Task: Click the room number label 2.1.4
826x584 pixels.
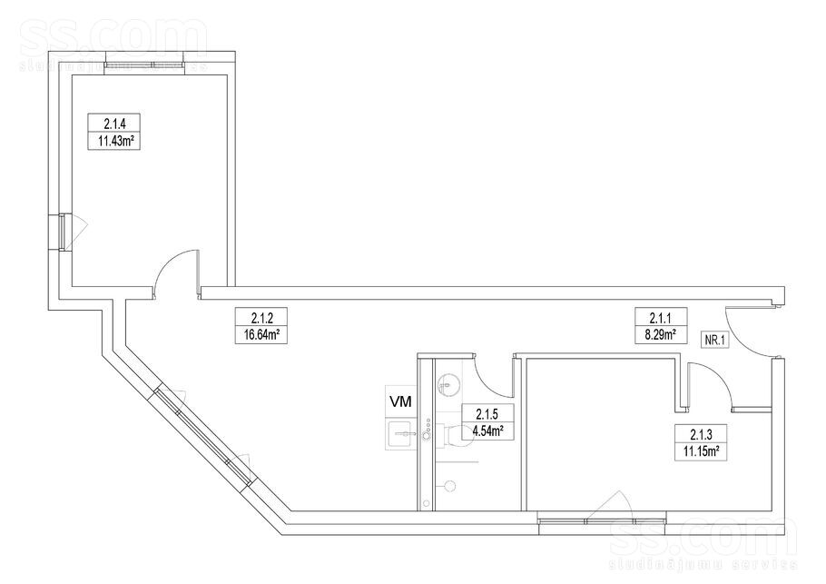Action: point(113,124)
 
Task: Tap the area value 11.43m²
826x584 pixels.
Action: point(113,141)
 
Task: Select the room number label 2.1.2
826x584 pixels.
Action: point(261,318)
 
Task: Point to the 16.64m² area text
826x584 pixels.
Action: point(261,334)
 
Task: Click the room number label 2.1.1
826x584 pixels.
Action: point(661,317)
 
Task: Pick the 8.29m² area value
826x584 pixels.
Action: point(661,333)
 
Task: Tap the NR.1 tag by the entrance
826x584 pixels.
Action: point(715,341)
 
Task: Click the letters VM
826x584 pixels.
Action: point(399,401)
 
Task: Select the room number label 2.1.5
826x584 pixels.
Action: point(487,413)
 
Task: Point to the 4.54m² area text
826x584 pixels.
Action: point(487,431)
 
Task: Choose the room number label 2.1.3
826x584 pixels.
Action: point(701,434)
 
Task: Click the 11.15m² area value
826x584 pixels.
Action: point(701,451)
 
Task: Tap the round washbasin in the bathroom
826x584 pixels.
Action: point(447,383)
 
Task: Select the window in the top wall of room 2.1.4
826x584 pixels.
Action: point(144,65)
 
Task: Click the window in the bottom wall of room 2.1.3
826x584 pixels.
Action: point(602,521)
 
